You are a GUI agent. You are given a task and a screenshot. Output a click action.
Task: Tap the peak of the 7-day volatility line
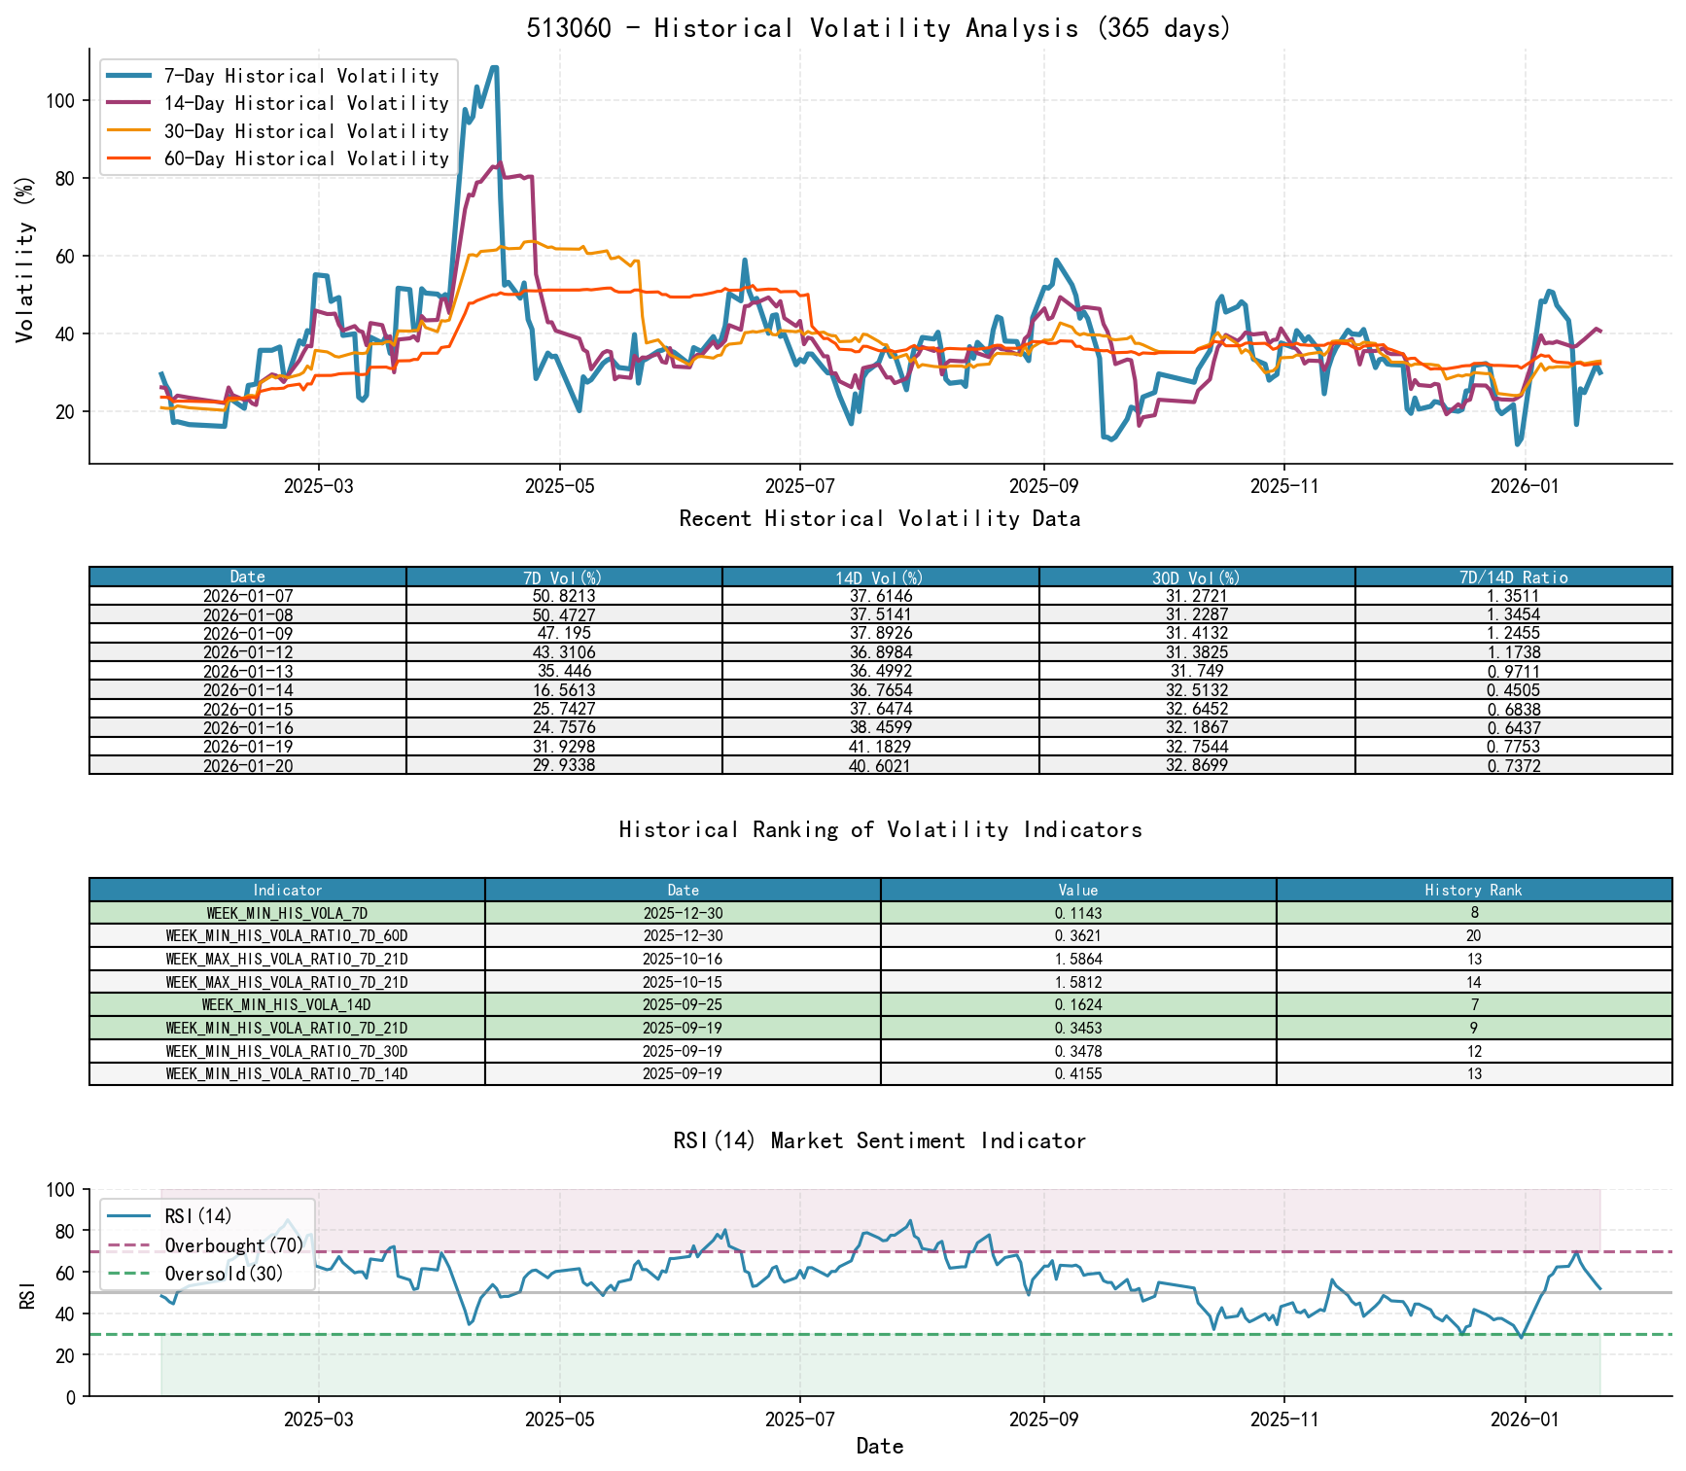(x=494, y=67)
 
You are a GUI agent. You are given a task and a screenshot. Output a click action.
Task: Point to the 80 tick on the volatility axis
(x=60, y=178)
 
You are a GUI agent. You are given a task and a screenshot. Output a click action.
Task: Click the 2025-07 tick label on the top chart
(x=799, y=486)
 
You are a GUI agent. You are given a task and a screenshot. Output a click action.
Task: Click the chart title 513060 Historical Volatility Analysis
(x=879, y=28)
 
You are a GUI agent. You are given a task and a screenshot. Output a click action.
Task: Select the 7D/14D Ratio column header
(x=1513, y=578)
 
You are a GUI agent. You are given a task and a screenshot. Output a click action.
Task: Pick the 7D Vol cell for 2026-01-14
(x=564, y=690)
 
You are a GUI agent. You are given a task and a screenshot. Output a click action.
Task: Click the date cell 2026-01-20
(x=248, y=765)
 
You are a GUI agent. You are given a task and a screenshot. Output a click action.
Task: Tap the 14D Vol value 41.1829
(x=880, y=747)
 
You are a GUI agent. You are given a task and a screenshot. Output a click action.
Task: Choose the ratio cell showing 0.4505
(x=1513, y=690)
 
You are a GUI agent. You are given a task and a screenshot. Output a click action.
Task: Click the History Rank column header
(x=1473, y=890)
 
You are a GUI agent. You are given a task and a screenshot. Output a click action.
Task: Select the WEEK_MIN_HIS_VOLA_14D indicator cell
(x=287, y=1004)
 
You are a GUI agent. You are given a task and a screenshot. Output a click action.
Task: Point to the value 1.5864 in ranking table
(x=1077, y=959)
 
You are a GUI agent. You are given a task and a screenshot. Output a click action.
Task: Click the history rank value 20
(x=1473, y=935)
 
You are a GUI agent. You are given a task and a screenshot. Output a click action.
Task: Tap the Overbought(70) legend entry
(x=233, y=1245)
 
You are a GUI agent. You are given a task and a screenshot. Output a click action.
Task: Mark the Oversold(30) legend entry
(x=224, y=1274)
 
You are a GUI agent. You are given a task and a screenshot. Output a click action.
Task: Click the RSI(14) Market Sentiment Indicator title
(x=879, y=1140)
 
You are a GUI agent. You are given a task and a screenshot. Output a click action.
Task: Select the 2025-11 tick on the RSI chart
(x=1283, y=1419)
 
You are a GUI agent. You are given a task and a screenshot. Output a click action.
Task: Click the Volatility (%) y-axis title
(x=25, y=259)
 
